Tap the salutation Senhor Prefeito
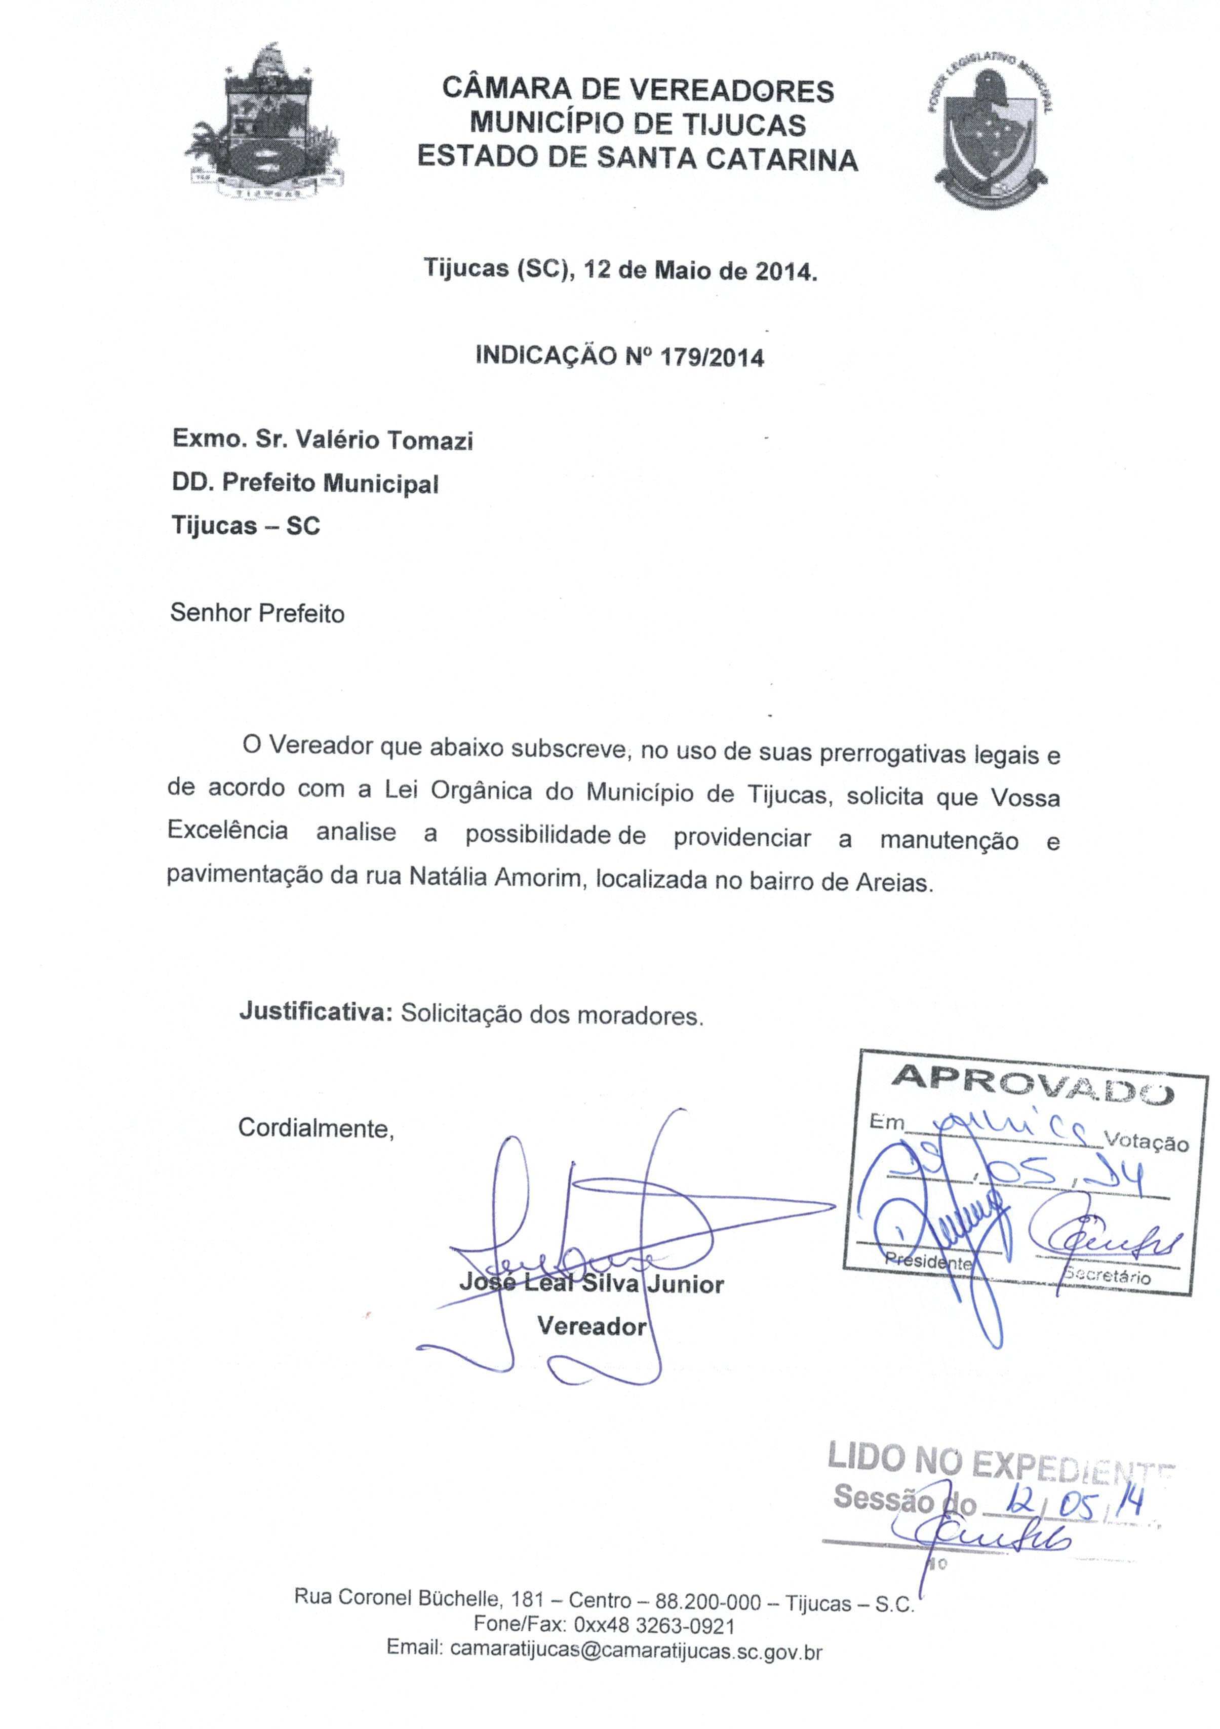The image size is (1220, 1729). click(x=257, y=614)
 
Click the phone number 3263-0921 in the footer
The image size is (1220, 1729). click(x=685, y=1625)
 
